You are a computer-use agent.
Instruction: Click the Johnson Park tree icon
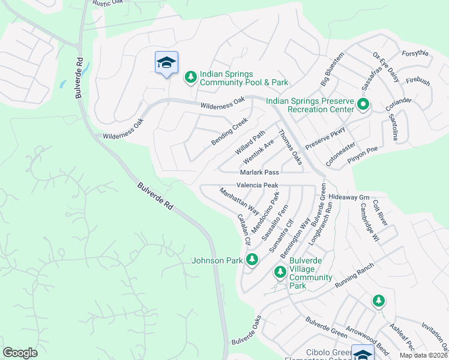[x=253, y=260]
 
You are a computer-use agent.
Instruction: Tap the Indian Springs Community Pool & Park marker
[x=190, y=77]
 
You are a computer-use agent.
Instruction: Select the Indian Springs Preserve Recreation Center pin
[x=363, y=105]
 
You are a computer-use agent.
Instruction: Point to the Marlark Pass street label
[x=260, y=172]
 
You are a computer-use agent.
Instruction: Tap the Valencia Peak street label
[x=257, y=185]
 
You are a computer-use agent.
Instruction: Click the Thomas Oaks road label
[x=289, y=148]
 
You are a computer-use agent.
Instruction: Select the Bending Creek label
[x=229, y=131]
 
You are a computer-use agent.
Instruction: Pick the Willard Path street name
[x=250, y=142]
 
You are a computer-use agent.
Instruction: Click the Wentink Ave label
[x=258, y=153]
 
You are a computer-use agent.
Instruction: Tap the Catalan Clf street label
[x=244, y=229]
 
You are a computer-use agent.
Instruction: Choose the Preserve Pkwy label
[x=325, y=138]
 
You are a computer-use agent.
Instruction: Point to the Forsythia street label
[x=415, y=53]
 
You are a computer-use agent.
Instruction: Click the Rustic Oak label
[x=108, y=3]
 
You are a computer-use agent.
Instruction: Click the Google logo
[x=20, y=353]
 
